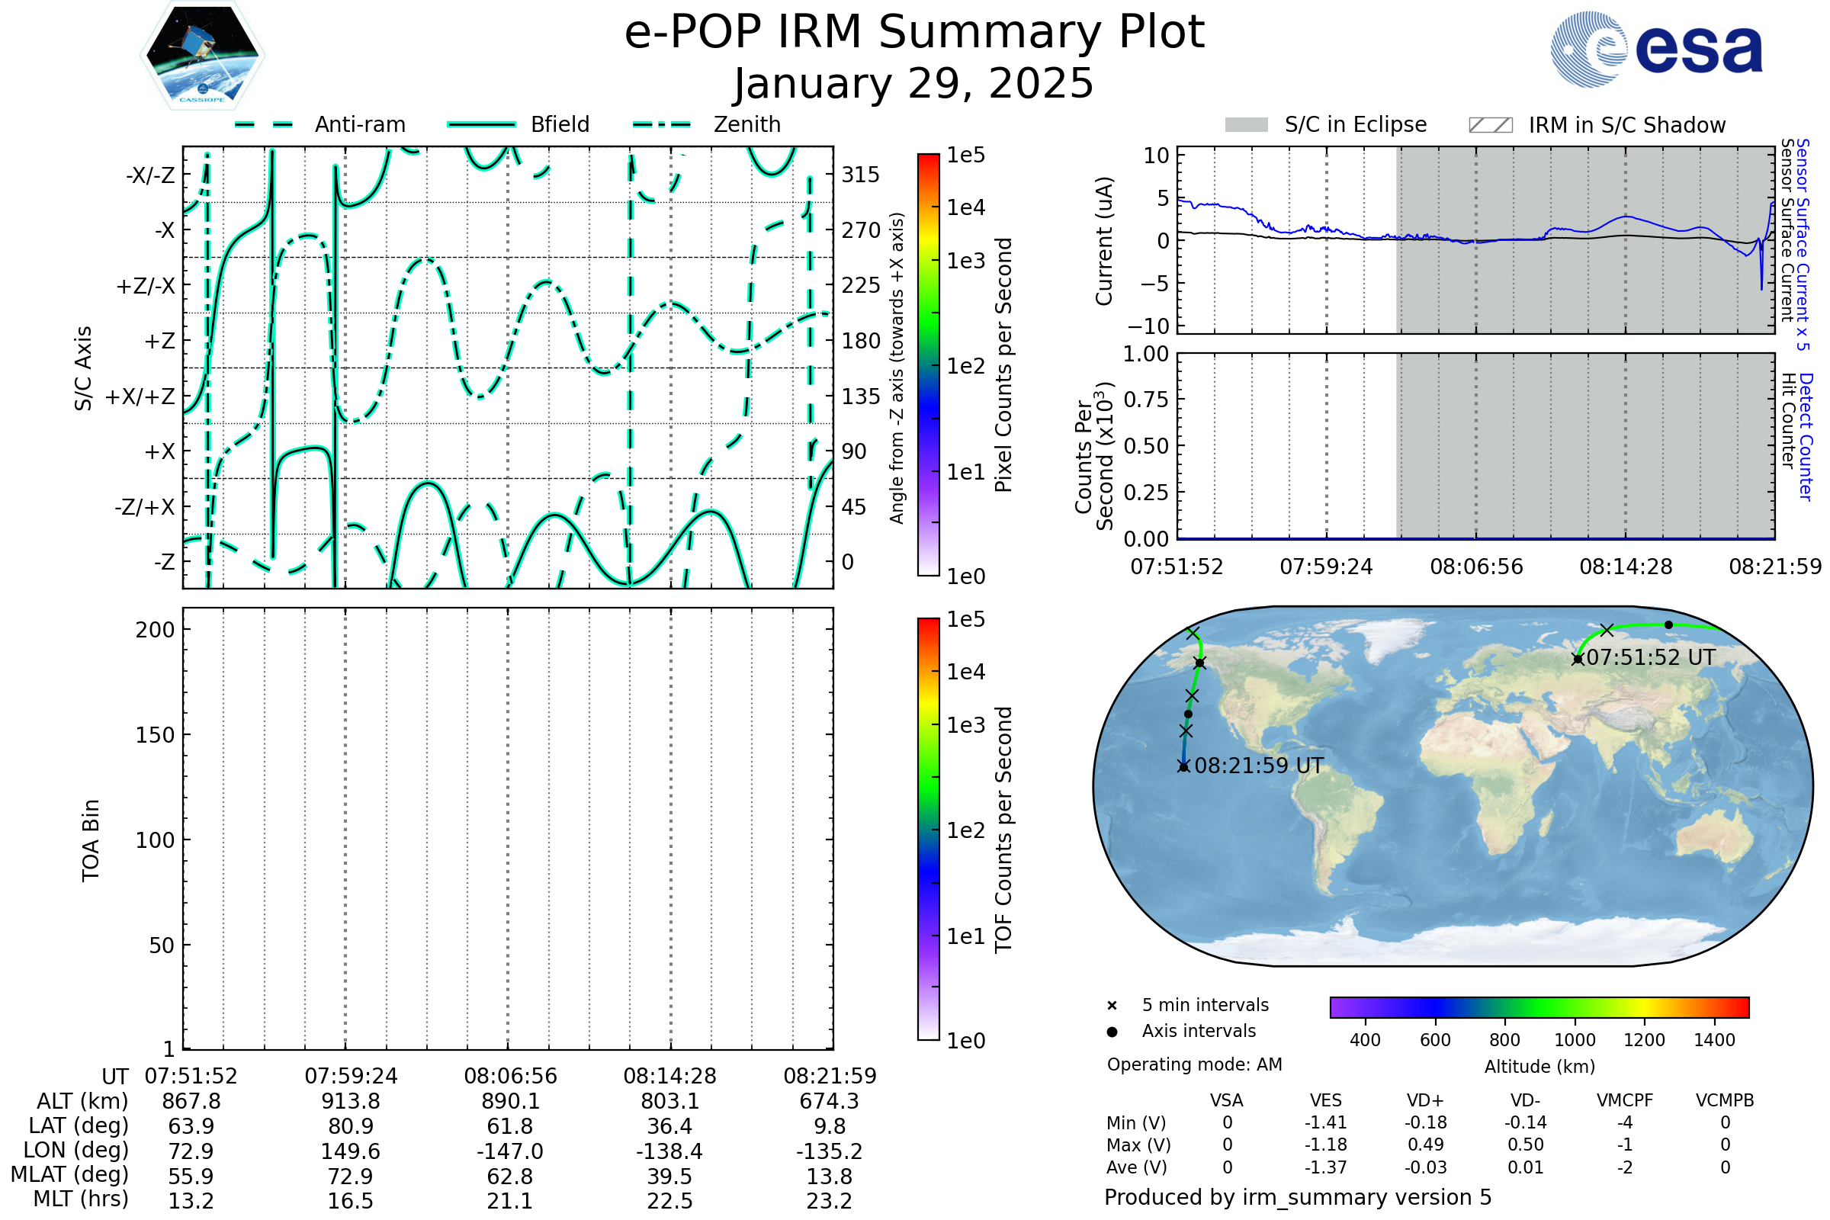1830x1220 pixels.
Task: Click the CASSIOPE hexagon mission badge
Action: pyautogui.click(x=202, y=55)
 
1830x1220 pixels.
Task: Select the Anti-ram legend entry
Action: pyautogui.click(x=319, y=124)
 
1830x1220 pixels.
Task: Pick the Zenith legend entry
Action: pyautogui.click(x=707, y=124)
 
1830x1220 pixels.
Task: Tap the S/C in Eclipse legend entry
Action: pyautogui.click(x=1326, y=124)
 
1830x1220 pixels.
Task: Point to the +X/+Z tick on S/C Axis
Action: pyautogui.click(x=140, y=396)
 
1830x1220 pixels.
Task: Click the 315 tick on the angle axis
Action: pyautogui.click(x=861, y=175)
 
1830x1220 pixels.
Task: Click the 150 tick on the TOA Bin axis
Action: pyautogui.click(x=156, y=735)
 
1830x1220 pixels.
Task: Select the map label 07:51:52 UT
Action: pyautogui.click(x=1650, y=657)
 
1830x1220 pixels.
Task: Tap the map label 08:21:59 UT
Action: pyautogui.click(x=1259, y=766)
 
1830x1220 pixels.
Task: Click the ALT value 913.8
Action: pyautogui.click(x=351, y=1101)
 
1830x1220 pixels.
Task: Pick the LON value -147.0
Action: pyautogui.click(x=509, y=1151)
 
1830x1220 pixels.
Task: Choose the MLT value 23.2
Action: pyautogui.click(x=830, y=1200)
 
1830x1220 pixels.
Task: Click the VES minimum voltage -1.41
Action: pyautogui.click(x=1326, y=1122)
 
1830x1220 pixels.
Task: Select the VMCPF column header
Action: pyautogui.click(x=1625, y=1100)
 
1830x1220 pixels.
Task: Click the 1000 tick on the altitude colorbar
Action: pyautogui.click(x=1575, y=1040)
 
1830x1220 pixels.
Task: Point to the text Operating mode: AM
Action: pyautogui.click(x=1194, y=1064)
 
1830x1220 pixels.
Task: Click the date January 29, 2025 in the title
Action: pyautogui.click(x=914, y=83)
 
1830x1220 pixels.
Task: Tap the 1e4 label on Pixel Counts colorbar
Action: pyautogui.click(x=965, y=207)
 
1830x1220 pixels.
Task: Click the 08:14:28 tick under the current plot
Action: pyautogui.click(x=1626, y=567)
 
